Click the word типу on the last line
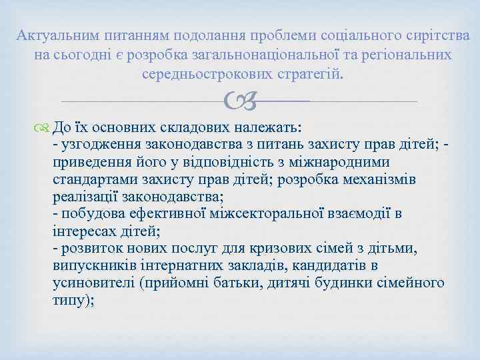(x=70, y=301)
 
